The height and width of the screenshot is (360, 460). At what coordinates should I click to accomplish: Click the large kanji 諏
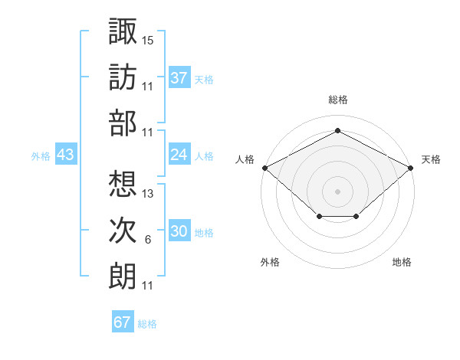(123, 31)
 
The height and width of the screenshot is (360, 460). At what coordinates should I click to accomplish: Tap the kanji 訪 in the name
(123, 77)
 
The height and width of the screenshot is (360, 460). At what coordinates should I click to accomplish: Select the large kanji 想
(123, 184)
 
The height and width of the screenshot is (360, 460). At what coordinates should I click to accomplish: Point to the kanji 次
(123, 230)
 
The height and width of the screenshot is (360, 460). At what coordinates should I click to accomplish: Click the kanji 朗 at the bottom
(123, 276)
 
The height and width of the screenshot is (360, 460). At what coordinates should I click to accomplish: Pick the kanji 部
(123, 123)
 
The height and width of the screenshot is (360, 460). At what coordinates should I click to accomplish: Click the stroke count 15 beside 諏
(147, 41)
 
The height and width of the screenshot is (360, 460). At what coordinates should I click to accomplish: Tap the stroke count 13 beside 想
(147, 194)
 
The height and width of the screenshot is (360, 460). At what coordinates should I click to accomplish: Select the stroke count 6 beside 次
(148, 240)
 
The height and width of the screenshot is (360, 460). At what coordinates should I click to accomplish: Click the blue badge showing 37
(179, 77)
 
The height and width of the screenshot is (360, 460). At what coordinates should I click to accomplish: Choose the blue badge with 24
(179, 154)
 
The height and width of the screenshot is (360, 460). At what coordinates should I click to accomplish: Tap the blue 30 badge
(179, 230)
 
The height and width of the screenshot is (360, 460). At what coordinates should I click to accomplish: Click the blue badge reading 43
(66, 154)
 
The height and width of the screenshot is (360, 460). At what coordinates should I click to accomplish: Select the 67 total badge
(123, 321)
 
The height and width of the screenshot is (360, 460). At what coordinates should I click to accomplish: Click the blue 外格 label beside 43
(41, 156)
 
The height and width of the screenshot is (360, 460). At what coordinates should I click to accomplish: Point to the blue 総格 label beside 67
(147, 324)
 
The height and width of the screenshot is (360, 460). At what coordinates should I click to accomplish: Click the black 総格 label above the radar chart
(338, 100)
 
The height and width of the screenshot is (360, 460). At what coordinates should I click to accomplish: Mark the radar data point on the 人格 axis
(265, 168)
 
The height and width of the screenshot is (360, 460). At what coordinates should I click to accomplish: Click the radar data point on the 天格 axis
(410, 168)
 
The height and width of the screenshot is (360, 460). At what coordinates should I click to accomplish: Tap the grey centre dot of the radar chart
(337, 191)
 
